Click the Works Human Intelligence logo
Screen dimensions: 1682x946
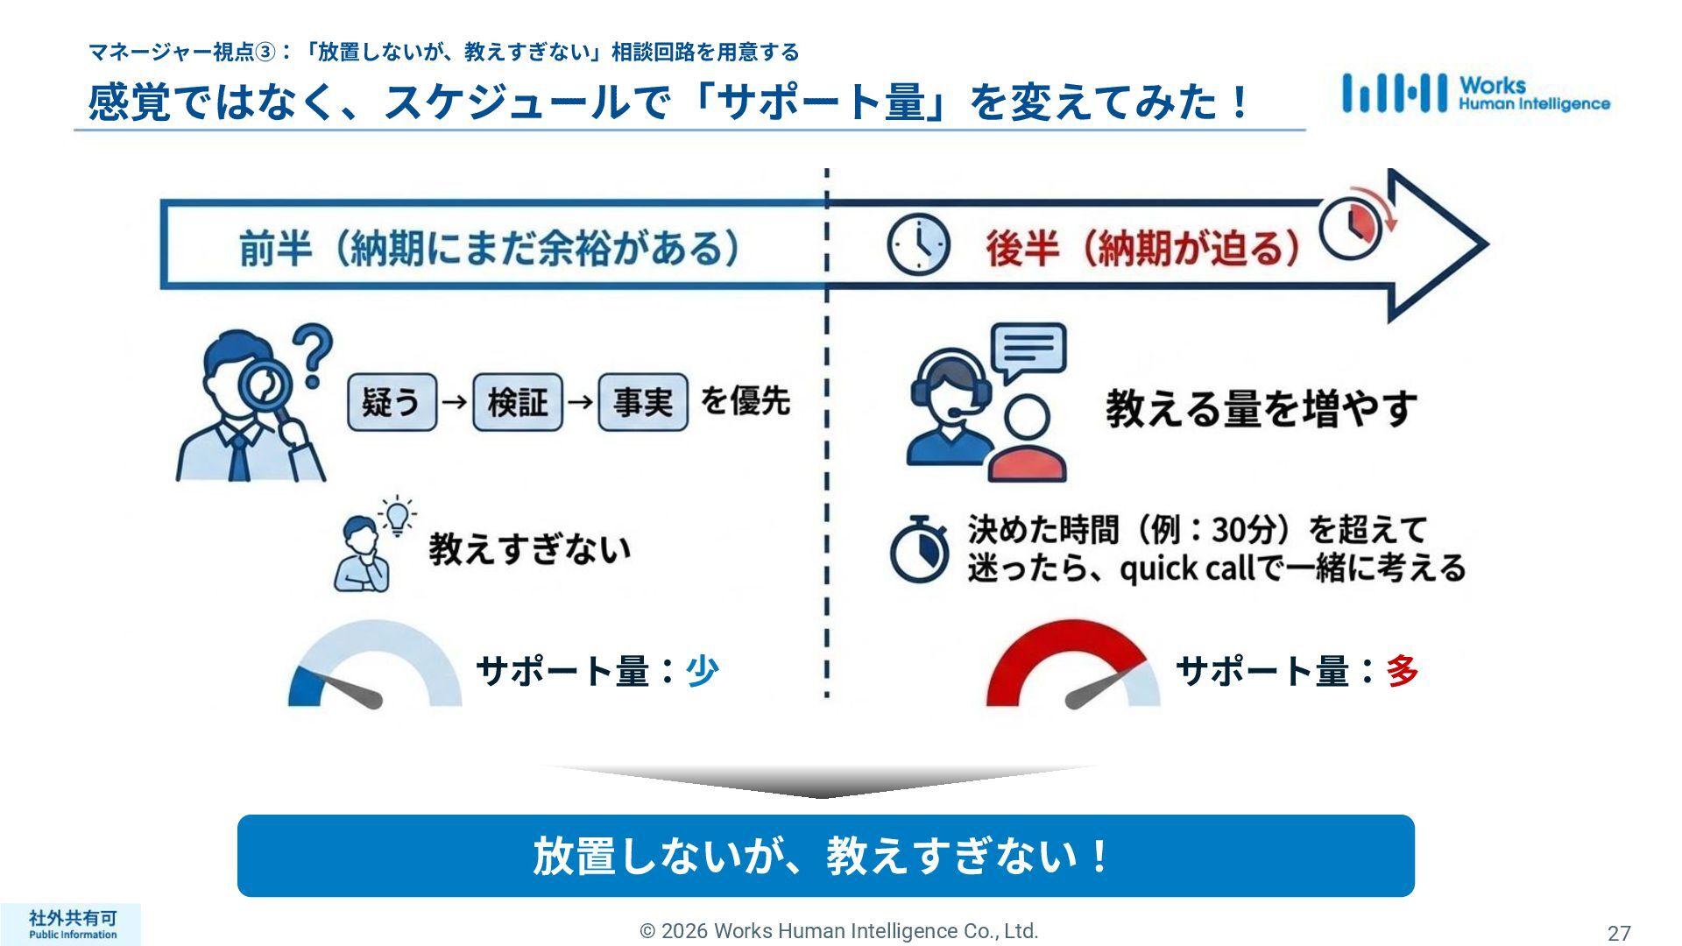click(x=1475, y=94)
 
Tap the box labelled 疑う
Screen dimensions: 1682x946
click(x=392, y=402)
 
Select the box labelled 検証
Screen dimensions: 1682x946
click(x=517, y=402)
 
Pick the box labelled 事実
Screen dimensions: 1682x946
click(x=642, y=402)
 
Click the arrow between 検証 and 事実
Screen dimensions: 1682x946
click(x=580, y=402)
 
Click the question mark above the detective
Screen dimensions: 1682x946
click(x=313, y=352)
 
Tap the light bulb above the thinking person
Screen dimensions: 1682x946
click(x=398, y=515)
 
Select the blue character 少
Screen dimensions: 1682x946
click(x=702, y=671)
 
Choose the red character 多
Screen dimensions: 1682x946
click(x=1402, y=671)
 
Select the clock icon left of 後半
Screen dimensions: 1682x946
click(x=917, y=244)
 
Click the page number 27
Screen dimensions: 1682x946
click(x=1618, y=934)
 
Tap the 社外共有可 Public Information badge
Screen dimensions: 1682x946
click(x=72, y=924)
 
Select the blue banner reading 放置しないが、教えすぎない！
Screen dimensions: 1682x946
click(x=825, y=856)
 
